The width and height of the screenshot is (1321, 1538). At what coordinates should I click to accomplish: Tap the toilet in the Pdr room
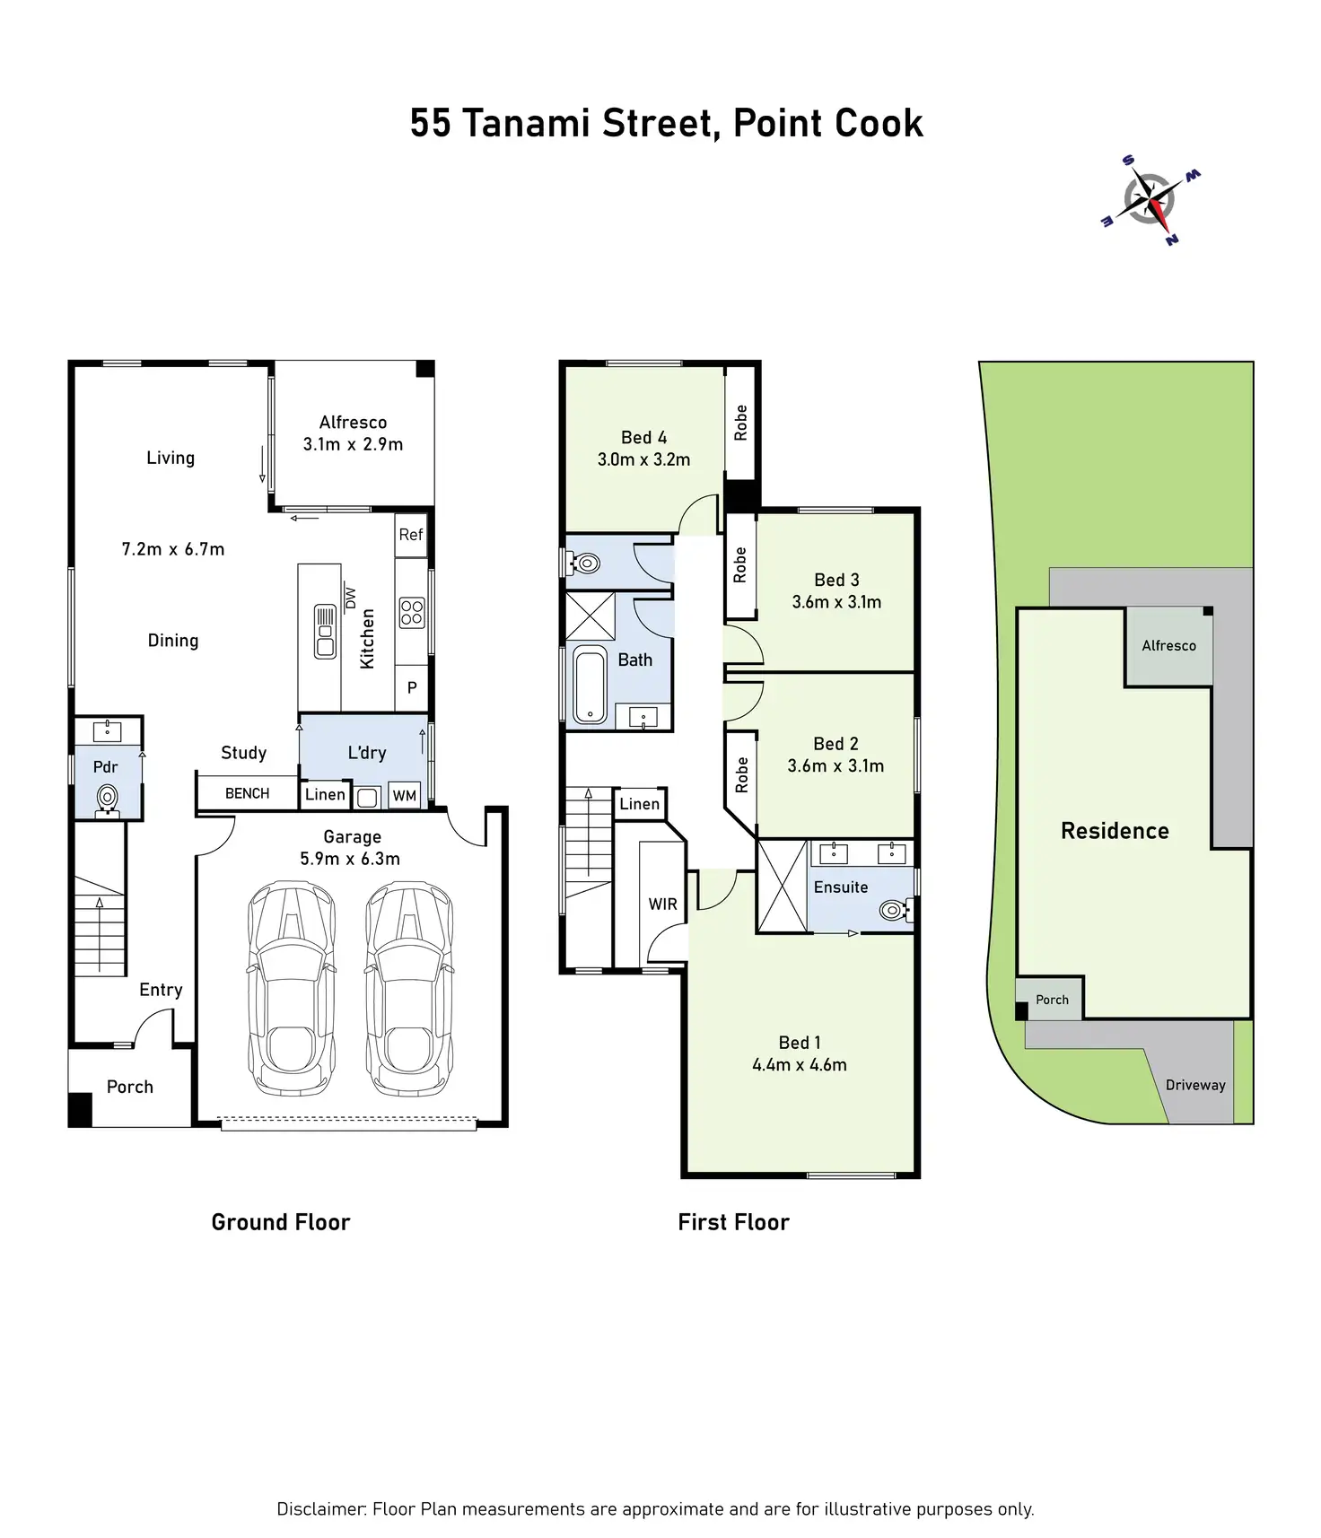pyautogui.click(x=108, y=797)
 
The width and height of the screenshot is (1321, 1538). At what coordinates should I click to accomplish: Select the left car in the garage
pyautogui.click(x=292, y=987)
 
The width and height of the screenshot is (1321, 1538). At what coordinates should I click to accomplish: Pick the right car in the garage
pyautogui.click(x=408, y=987)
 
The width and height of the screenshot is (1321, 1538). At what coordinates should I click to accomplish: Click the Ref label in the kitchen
pyautogui.click(x=411, y=535)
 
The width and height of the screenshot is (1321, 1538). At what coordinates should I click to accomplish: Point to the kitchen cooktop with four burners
pyautogui.click(x=412, y=613)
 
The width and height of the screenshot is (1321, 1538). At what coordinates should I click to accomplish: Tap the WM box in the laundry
pyautogui.click(x=405, y=796)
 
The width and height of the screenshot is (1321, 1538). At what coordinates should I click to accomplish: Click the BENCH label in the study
pyautogui.click(x=248, y=793)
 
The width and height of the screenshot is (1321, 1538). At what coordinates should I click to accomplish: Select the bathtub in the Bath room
pyautogui.click(x=590, y=686)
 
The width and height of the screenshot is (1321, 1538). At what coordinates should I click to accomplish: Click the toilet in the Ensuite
pyautogui.click(x=893, y=910)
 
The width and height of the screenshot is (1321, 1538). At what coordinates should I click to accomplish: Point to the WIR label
pyautogui.click(x=663, y=904)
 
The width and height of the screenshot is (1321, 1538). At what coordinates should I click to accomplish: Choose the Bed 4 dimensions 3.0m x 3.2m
pyautogui.click(x=643, y=459)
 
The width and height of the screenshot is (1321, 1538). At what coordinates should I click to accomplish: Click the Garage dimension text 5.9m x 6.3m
pyautogui.click(x=350, y=859)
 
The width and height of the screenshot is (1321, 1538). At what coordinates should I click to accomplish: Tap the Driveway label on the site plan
pyautogui.click(x=1195, y=1085)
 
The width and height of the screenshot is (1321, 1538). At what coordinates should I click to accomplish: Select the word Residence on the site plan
pyautogui.click(x=1115, y=831)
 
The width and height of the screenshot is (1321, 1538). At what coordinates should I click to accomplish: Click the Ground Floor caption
pyautogui.click(x=281, y=1222)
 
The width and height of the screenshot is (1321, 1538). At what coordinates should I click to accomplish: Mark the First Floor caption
pyautogui.click(x=733, y=1222)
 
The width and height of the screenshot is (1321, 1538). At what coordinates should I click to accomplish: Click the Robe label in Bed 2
pyautogui.click(x=741, y=775)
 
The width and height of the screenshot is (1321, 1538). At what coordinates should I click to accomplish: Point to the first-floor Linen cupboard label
pyautogui.click(x=640, y=804)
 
